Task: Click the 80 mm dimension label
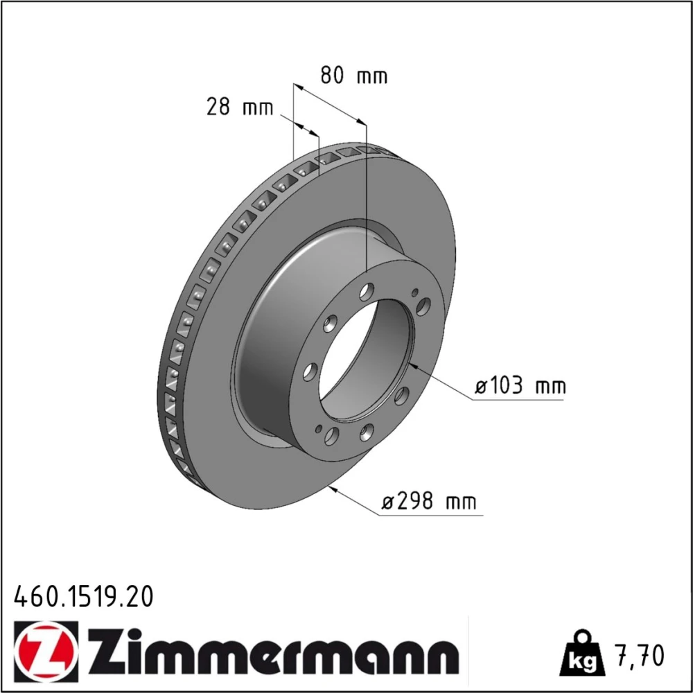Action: (353, 75)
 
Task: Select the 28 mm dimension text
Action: (240, 107)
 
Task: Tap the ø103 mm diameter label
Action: (520, 386)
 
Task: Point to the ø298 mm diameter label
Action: (429, 502)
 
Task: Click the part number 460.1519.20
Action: (84, 596)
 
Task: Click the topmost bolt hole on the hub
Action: (367, 292)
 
